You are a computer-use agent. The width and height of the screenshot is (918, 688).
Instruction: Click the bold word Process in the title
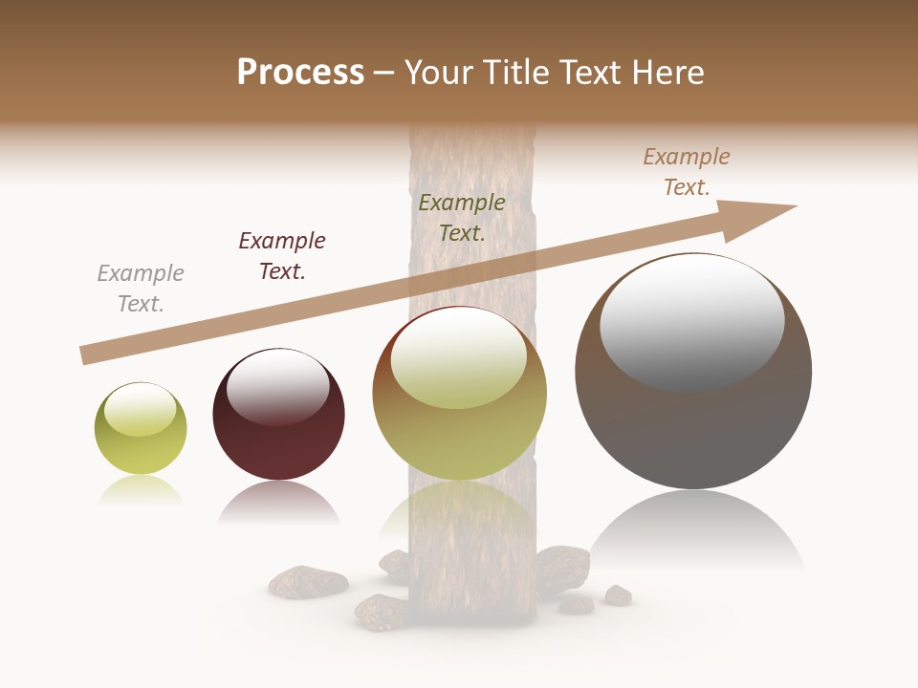300,73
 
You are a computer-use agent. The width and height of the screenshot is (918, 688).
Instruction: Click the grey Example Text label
141,289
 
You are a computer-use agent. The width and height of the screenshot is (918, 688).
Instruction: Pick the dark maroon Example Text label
282,256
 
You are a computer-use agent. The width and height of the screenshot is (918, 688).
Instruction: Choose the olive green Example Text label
462,218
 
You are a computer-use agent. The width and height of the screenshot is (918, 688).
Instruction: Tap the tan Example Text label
687,172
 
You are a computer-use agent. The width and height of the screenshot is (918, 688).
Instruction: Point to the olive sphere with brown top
459,420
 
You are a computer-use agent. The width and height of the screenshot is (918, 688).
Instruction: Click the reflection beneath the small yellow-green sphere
141,489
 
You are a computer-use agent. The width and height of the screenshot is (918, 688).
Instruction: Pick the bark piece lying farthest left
307,580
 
